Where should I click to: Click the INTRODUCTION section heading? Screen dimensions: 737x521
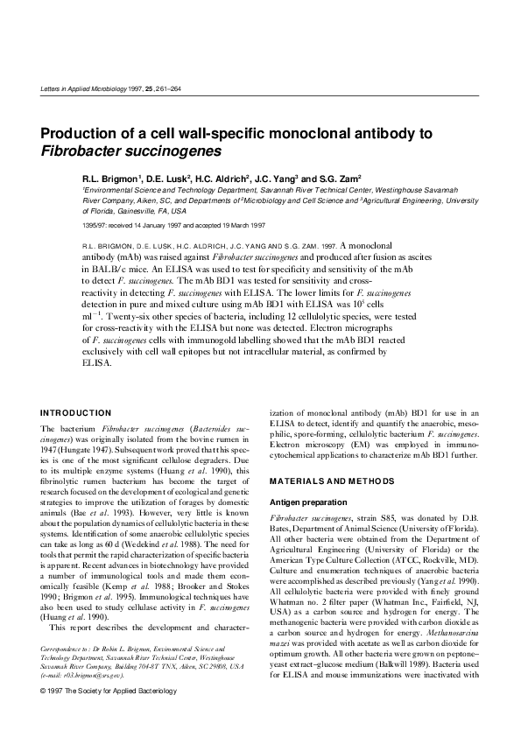(x=76, y=412)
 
